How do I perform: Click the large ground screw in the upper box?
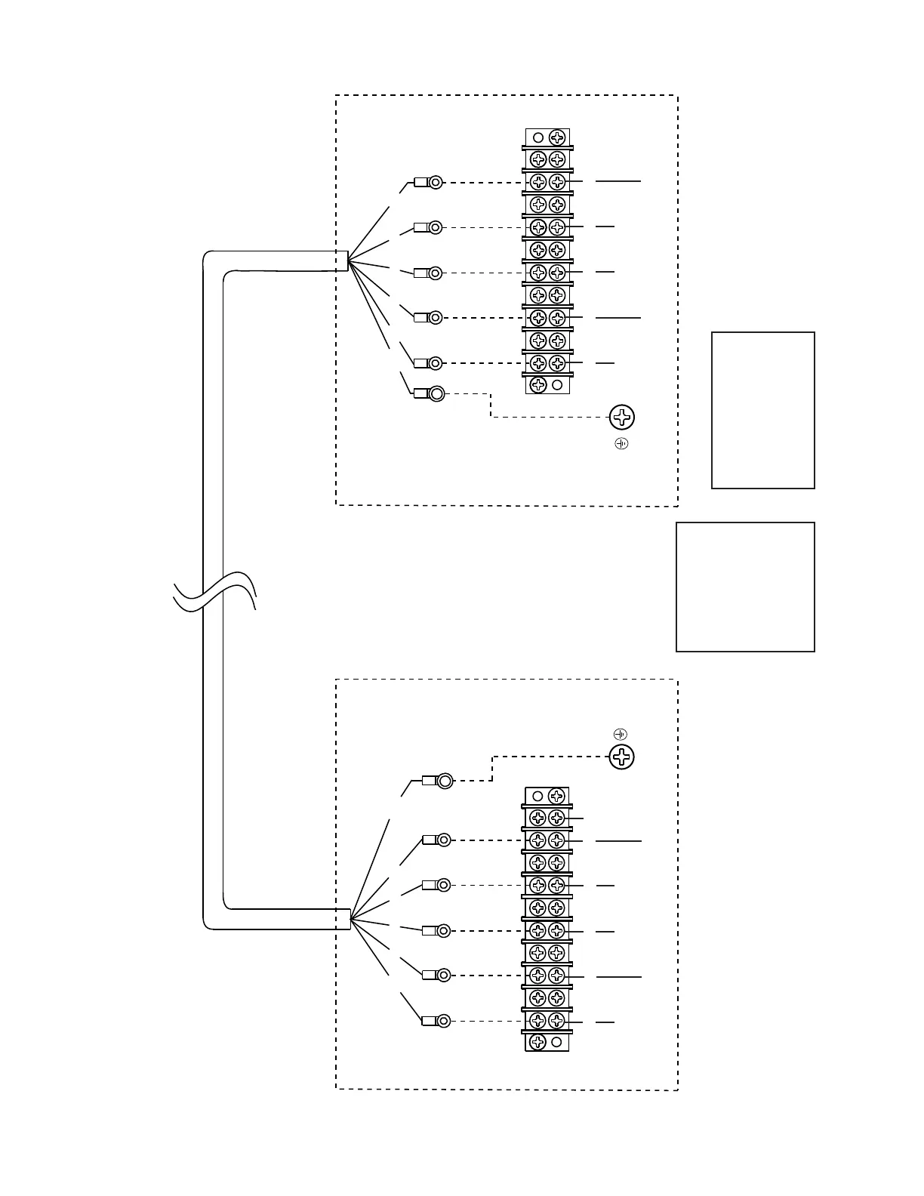(621, 417)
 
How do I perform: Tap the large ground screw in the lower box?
(621, 757)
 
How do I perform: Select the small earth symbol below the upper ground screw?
(621, 443)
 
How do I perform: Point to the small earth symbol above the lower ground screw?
(621, 734)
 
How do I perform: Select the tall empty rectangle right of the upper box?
(762, 410)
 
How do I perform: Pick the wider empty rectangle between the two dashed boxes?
(745, 587)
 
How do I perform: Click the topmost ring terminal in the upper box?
(435, 182)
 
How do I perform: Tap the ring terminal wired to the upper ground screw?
(436, 393)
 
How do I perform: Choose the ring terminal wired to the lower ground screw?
(445, 781)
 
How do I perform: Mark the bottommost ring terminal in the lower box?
(444, 1021)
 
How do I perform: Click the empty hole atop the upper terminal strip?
(538, 137)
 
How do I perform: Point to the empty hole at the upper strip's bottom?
(557, 385)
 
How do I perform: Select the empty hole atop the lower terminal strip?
(537, 796)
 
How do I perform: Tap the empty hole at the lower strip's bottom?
(556, 1042)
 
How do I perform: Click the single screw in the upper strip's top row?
(557, 137)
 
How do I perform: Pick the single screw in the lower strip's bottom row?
(537, 1042)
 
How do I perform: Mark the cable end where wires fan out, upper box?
(346, 260)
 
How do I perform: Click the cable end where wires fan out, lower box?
(349, 919)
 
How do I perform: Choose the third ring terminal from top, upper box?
(435, 273)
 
